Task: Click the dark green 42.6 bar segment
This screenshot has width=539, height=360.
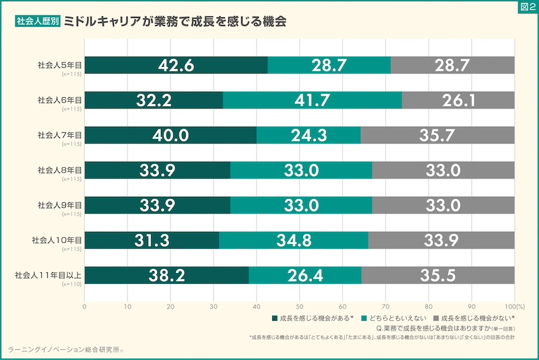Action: (176, 65)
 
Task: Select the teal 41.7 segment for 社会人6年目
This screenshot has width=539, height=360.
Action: (312, 100)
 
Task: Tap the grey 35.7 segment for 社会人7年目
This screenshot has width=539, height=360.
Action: (437, 136)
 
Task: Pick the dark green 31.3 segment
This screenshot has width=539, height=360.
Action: (152, 240)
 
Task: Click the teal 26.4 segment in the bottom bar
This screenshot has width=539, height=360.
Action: (305, 275)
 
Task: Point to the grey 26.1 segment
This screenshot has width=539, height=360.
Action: (458, 100)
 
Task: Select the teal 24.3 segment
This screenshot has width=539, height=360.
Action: (308, 136)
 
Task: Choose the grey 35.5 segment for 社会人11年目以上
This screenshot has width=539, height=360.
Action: (438, 275)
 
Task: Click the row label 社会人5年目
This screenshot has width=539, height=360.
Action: (59, 65)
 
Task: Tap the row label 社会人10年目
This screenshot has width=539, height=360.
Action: (57, 239)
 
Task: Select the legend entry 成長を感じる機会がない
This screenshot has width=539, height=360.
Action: (474, 318)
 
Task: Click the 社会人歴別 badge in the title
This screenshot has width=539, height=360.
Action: (37, 22)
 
